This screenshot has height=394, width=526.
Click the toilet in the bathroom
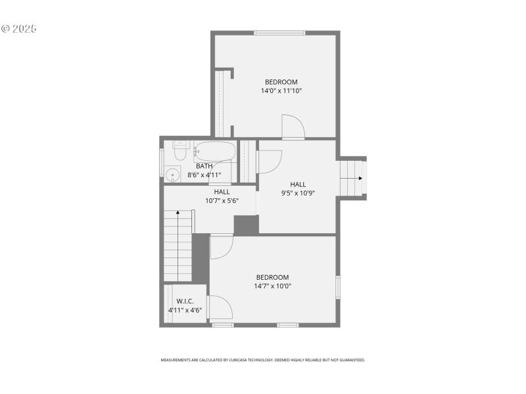point(179,150)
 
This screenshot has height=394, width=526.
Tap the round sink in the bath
point(173,175)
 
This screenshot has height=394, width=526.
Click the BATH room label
point(204,166)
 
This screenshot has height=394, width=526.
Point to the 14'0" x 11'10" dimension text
point(281,91)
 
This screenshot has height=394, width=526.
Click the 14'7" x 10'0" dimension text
point(272,286)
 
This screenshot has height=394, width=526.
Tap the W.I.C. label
point(185,301)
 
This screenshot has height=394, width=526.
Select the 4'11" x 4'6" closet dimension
point(185,310)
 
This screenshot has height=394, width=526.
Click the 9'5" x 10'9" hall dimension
point(299,193)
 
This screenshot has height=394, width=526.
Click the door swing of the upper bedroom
point(293,126)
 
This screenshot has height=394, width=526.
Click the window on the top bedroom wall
point(279,33)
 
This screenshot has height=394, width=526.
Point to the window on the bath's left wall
point(162,162)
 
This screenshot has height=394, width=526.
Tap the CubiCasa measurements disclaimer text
point(263,360)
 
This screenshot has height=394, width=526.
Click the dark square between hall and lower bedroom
point(246,225)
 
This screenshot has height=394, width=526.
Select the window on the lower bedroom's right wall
point(338,287)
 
